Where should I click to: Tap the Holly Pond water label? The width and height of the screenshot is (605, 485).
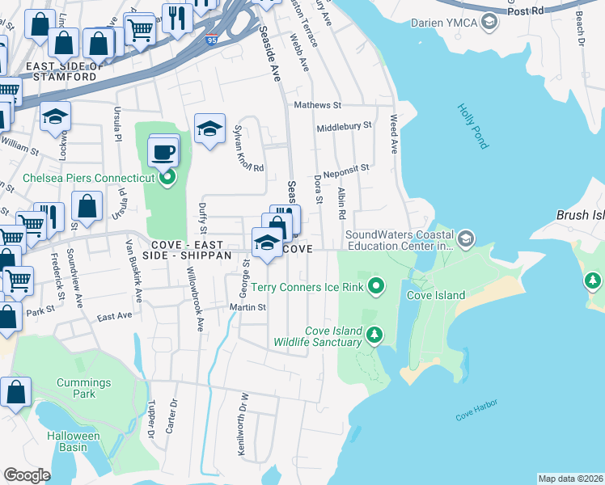point(472,125)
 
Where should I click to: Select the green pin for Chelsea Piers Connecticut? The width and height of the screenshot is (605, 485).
point(167,178)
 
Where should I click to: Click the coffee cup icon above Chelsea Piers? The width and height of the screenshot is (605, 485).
point(163,152)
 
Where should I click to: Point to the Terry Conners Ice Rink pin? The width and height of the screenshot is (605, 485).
point(375,286)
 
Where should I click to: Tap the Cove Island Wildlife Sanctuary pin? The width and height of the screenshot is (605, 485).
point(373,334)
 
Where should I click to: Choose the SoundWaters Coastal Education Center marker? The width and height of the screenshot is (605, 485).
point(465,239)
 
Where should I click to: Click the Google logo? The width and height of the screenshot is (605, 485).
point(27,475)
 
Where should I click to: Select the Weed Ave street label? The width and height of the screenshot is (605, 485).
point(394,134)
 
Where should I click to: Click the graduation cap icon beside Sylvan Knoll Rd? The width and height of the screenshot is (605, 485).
point(209,129)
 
